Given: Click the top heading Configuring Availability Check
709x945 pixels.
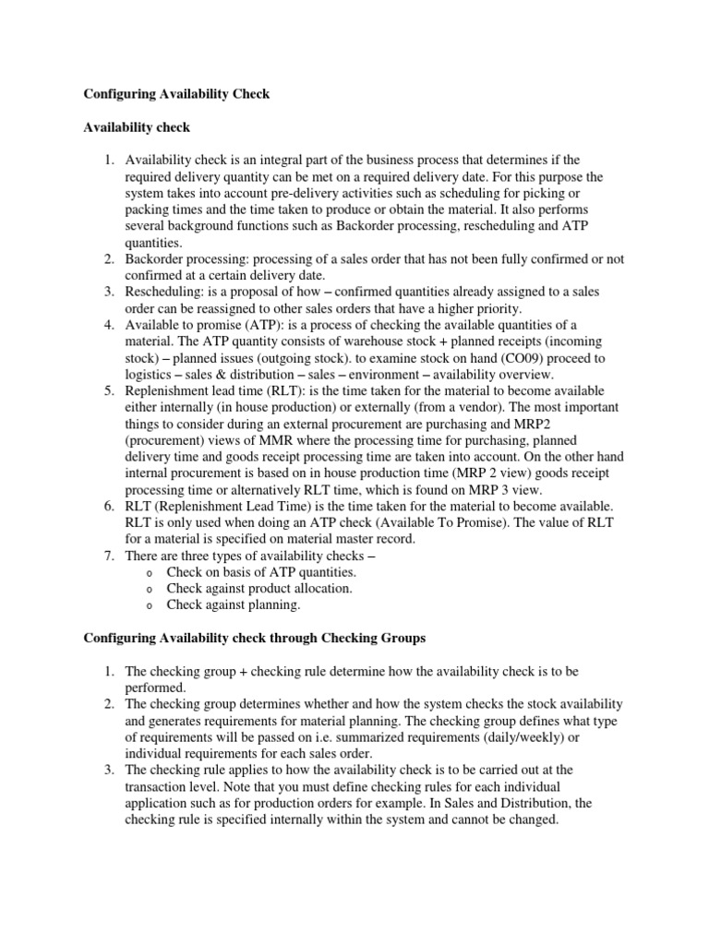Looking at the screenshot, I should click(176, 95).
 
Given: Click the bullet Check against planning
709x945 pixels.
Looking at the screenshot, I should click(234, 605).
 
